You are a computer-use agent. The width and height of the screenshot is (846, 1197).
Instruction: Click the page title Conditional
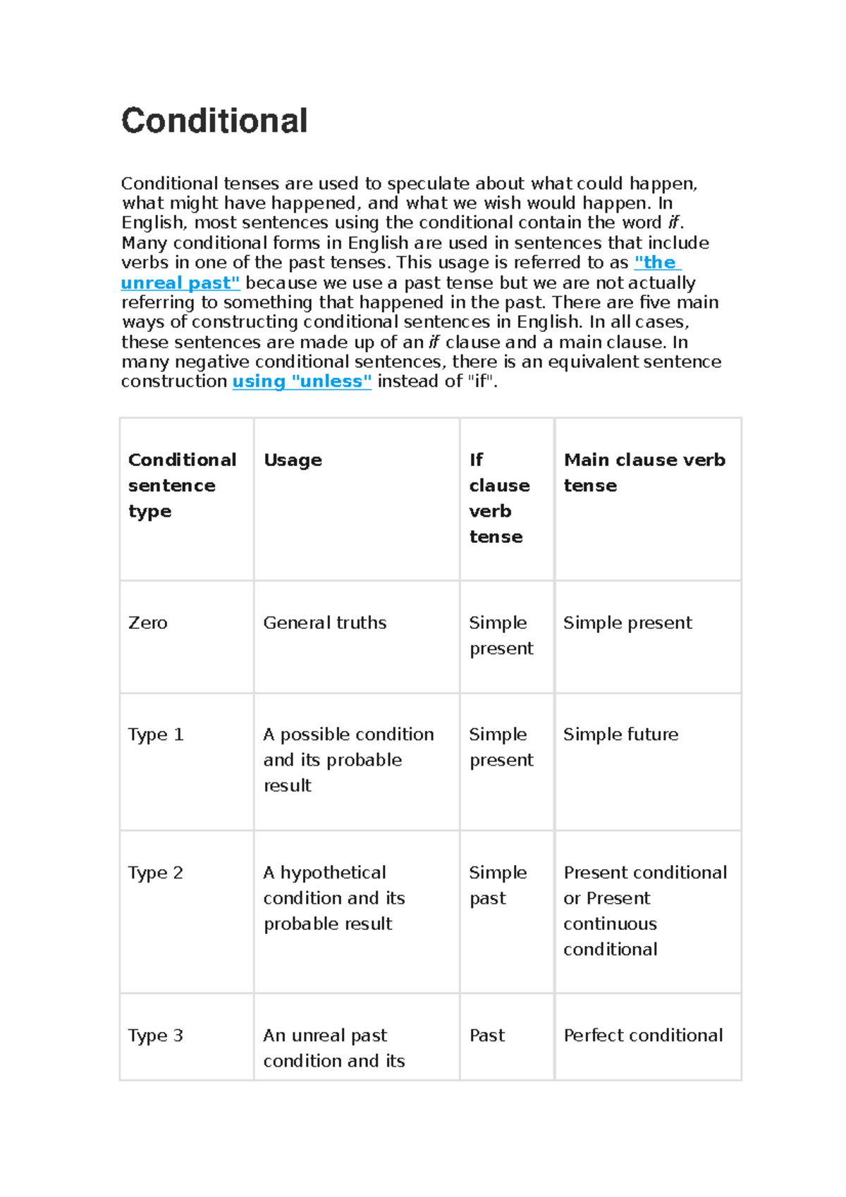[214, 121]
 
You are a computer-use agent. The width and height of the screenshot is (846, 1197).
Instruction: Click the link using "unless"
[302, 381]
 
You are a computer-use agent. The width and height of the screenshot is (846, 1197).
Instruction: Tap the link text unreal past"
[180, 283]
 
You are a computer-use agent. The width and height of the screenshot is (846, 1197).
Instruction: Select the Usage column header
[293, 460]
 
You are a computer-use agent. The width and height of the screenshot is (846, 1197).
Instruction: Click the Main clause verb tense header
[644, 472]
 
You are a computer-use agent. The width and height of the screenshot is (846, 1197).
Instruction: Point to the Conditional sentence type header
[182, 485]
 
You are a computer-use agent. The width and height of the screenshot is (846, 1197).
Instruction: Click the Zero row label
[148, 622]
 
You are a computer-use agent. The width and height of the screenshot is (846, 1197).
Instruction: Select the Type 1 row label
[156, 735]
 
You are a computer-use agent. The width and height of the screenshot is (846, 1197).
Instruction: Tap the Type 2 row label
[156, 873]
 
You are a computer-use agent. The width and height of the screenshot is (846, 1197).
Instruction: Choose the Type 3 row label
[156, 1036]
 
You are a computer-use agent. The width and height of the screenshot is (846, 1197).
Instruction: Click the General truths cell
[325, 622]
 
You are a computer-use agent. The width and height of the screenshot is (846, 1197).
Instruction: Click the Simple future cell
[620, 735]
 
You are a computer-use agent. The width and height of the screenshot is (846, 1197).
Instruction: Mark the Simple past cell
[497, 885]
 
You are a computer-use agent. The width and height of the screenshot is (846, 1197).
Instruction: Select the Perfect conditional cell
[643, 1036]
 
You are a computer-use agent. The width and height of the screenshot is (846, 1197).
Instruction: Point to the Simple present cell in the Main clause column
[627, 622]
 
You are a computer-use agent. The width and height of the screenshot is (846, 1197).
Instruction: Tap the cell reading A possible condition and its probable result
[348, 760]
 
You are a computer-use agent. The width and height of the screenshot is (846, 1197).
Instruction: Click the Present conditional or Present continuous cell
[644, 911]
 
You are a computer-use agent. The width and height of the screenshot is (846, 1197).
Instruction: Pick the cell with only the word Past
[487, 1036]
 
